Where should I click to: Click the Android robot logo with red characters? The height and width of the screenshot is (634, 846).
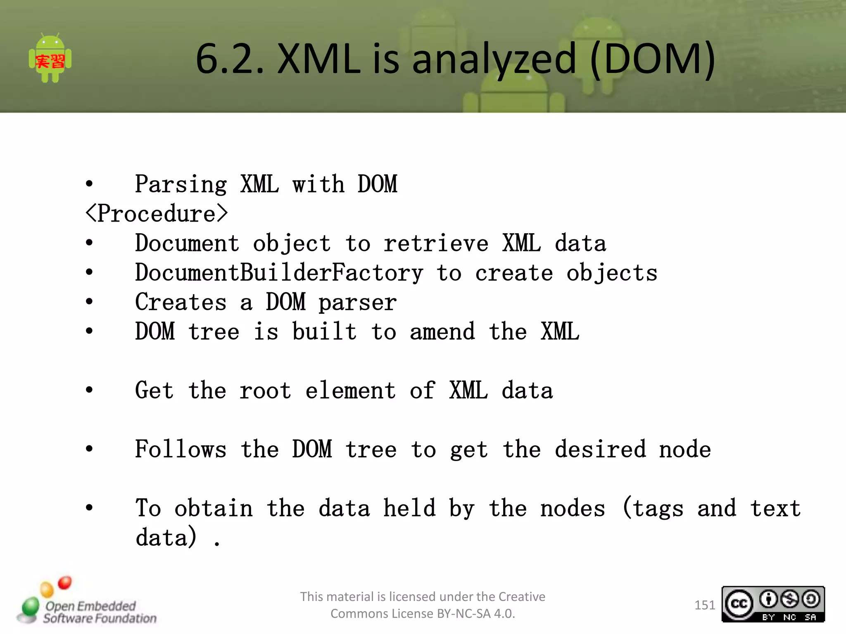tap(50, 59)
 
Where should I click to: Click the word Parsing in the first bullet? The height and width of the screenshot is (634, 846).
tap(181, 184)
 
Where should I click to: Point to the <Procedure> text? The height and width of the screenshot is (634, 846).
tap(157, 214)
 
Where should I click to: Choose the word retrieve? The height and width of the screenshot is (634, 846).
tap(436, 243)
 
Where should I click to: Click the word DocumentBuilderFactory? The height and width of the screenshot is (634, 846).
tap(279, 273)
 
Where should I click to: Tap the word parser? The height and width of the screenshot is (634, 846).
tap(358, 303)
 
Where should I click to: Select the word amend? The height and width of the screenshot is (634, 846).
tap(442, 332)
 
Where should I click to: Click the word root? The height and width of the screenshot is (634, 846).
tap(265, 391)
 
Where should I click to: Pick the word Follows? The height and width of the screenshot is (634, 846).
tap(181, 449)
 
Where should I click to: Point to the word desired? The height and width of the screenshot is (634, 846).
tap(600, 449)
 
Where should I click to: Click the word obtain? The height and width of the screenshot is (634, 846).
tap(213, 509)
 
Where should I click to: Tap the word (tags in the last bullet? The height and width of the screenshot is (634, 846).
tap(653, 509)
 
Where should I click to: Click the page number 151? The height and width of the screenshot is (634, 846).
tap(705, 605)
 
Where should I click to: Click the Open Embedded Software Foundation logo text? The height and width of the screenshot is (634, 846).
tap(99, 612)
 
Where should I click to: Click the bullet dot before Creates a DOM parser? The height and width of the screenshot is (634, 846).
tap(89, 302)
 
